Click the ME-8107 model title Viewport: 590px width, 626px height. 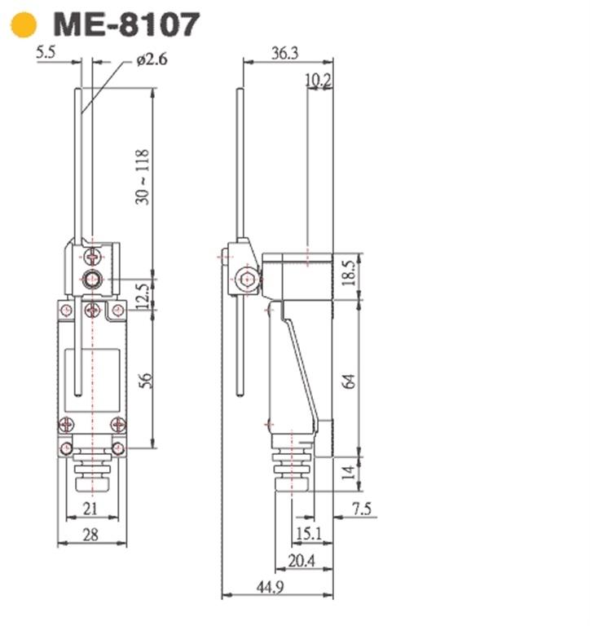pos(126,24)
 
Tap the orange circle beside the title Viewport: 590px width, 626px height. pos(24,24)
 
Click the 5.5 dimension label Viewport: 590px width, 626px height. pos(46,52)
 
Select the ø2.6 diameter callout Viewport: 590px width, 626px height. pos(152,60)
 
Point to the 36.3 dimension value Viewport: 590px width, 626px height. pos(284,53)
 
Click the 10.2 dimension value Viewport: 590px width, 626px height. pos(318,80)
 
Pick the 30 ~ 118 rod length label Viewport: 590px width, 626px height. pos(142,177)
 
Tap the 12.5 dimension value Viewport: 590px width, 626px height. pos(143,297)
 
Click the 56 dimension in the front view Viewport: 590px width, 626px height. pos(145,380)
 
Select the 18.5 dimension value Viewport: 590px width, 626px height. pos(349,273)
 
